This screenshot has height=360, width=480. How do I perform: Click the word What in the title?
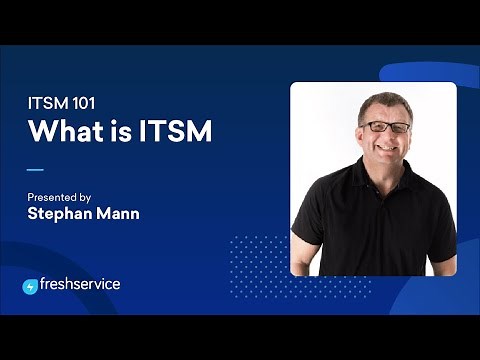tap(61, 131)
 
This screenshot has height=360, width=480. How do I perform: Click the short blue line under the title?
tap(35, 169)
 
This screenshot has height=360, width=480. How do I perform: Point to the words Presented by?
tap(61, 197)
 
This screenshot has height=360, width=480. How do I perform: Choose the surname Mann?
tap(117, 213)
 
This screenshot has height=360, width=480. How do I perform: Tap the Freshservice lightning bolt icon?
tap(30, 286)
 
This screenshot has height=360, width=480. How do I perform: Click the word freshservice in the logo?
tap(80, 284)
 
